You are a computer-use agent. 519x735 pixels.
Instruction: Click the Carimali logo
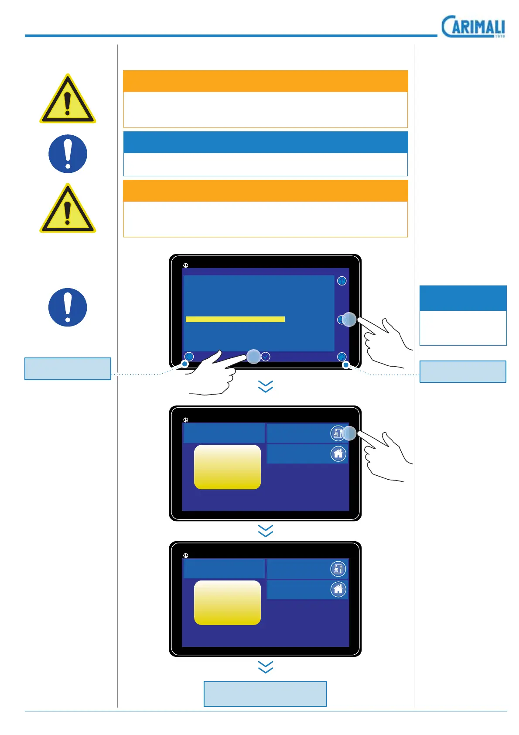473,27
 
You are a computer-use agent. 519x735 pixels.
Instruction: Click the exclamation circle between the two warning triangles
68,154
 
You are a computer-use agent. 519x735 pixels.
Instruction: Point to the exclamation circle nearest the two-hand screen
68,307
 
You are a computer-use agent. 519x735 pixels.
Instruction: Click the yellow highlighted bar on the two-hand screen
235,319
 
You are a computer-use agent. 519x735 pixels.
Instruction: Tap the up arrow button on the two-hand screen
341,281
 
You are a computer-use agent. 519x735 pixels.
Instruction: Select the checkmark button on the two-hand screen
265,357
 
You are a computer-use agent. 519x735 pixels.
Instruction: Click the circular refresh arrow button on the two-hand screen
189,357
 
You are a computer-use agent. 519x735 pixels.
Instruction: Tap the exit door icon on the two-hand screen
342,357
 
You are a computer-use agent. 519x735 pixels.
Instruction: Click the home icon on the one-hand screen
338,454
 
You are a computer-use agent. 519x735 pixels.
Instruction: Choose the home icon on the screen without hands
338,590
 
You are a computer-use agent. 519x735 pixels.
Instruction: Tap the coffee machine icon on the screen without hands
338,569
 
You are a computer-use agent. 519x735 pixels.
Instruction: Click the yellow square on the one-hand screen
227,467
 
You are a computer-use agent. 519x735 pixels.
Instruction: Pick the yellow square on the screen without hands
227,603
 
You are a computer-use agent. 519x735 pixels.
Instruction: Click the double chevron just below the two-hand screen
266,386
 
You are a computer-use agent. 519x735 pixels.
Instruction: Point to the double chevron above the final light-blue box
266,667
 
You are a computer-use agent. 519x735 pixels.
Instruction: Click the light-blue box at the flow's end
265,694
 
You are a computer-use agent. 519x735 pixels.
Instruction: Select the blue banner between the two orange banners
265,142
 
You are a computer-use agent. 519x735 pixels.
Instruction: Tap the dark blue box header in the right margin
463,298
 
